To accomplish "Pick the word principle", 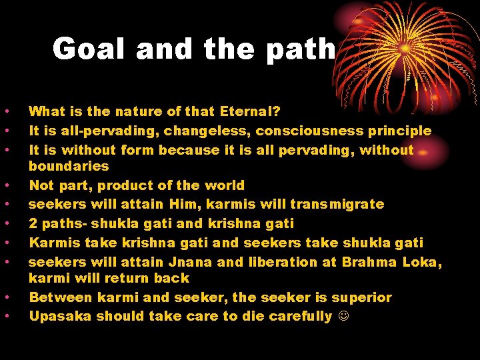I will tap(399, 131).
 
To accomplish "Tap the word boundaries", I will tap(69, 165).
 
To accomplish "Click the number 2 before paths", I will tap(33, 223).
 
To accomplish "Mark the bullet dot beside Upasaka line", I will tap(5, 316).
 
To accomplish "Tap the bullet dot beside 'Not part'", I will tap(5, 185).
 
